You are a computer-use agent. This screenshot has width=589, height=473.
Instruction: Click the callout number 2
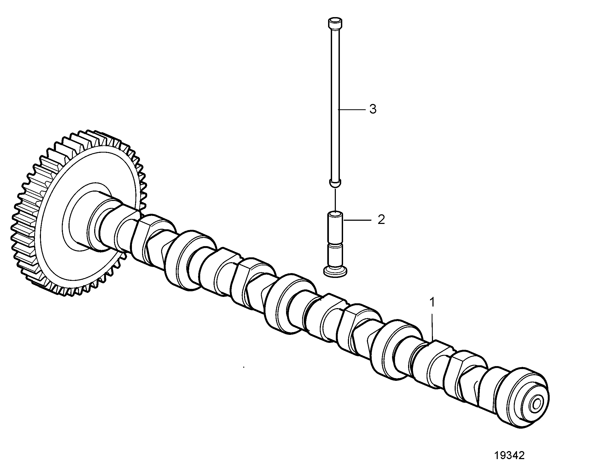(x=381, y=220)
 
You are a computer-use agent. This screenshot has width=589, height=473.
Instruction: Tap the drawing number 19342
(x=510, y=456)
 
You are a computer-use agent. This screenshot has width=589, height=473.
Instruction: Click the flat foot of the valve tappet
(x=336, y=272)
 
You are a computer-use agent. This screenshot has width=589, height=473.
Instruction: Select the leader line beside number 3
(x=352, y=109)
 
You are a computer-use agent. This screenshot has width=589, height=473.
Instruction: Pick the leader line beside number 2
(x=357, y=220)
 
